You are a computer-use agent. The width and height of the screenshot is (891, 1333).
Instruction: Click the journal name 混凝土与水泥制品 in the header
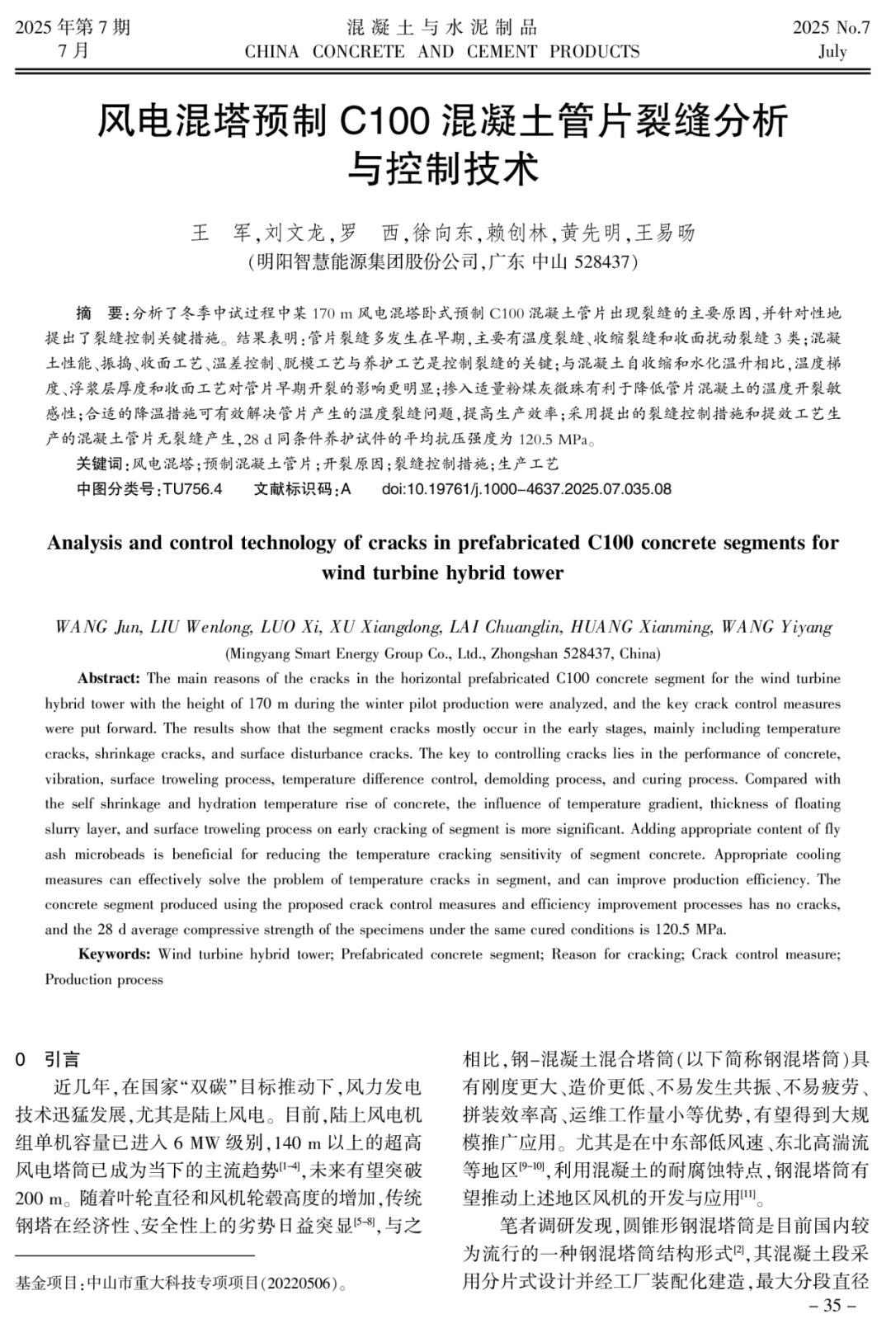[x=442, y=27]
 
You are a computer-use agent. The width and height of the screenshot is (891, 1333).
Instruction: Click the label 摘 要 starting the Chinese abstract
[x=98, y=313]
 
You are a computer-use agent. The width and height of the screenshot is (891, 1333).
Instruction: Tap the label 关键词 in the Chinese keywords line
[x=99, y=464]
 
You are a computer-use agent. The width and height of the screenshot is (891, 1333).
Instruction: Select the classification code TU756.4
[x=192, y=489]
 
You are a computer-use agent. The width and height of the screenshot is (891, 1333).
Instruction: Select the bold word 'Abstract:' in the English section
[x=109, y=679]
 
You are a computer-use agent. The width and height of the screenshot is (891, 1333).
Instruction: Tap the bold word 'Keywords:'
[x=114, y=954]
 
